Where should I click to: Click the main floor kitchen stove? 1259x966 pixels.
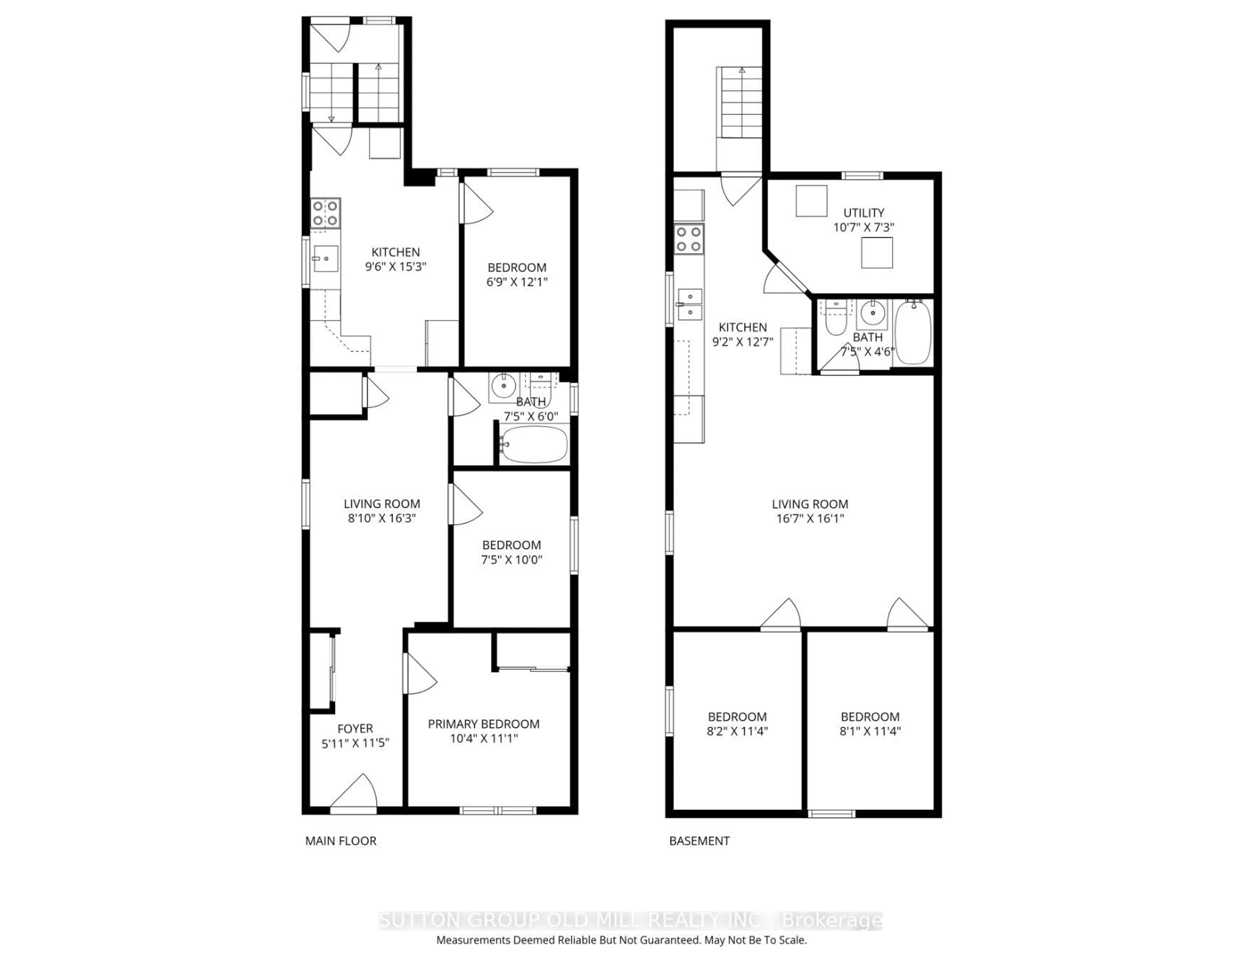[325, 213]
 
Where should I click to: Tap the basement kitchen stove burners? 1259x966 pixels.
[689, 239]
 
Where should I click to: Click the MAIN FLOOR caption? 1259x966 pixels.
[340, 841]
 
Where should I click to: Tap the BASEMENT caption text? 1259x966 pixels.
[699, 841]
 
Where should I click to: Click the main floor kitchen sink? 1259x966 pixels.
[325, 259]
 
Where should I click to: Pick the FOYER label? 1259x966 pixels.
[355, 729]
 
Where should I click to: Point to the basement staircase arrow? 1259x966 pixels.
[742, 70]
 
